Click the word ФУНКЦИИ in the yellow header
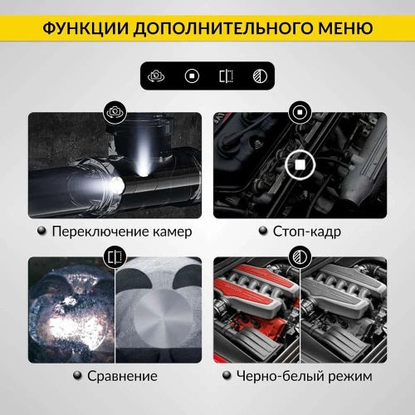point(84,28)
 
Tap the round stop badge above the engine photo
point(299,112)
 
